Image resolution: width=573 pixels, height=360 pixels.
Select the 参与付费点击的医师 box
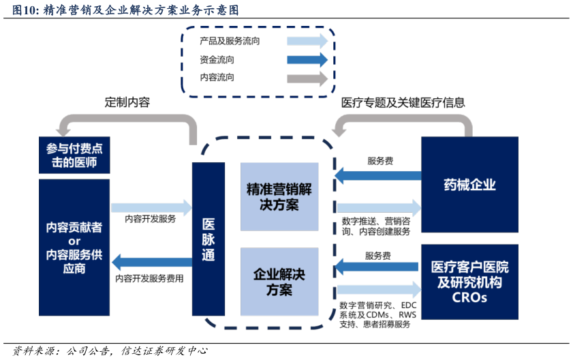point(74,156)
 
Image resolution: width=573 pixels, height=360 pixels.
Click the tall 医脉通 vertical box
point(208,239)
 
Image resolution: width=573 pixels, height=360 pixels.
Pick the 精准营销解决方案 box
point(279,196)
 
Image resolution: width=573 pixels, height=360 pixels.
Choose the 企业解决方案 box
point(279,282)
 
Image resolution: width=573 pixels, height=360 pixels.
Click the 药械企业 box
point(469,185)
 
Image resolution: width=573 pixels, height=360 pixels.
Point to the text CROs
point(469,298)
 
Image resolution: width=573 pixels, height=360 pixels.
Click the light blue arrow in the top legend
point(307,41)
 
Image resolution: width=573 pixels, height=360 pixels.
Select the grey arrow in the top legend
point(307,79)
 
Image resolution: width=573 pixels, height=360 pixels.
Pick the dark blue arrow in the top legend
point(307,60)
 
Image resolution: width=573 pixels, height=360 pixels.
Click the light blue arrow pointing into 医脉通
point(152,207)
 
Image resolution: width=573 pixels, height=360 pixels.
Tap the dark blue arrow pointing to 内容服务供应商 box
point(151,262)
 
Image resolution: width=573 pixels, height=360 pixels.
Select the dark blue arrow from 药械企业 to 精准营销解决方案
point(378,176)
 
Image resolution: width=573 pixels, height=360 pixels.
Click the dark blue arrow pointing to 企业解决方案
point(378,266)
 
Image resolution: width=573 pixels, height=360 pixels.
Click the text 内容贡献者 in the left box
point(74,227)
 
